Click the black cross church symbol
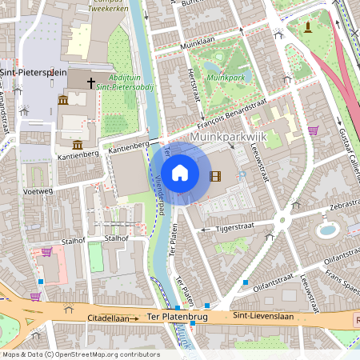[90, 82]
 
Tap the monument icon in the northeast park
[308, 29]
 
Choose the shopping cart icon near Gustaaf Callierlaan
[314, 130]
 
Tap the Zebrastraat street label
[337, 206]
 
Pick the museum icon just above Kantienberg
[78, 144]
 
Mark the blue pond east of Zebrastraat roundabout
[328, 230]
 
